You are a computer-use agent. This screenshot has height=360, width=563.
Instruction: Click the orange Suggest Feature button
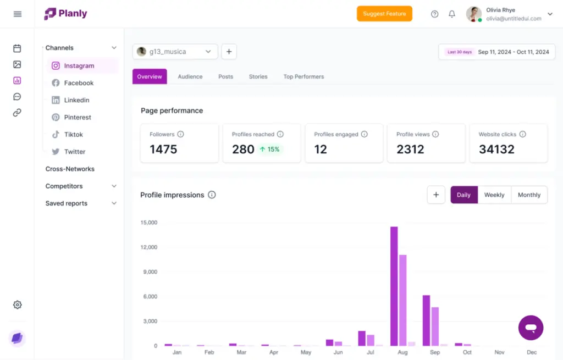tap(384, 14)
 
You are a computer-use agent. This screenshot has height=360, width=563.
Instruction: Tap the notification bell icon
tap(452, 14)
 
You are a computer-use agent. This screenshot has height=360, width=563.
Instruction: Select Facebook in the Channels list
tap(79, 83)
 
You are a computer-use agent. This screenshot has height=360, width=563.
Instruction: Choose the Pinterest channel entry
tap(78, 117)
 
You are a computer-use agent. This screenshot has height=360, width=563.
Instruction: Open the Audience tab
tap(190, 76)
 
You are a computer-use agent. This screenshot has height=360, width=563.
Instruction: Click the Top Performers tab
tap(303, 76)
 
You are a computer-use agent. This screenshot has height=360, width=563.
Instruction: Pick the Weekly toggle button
tap(494, 195)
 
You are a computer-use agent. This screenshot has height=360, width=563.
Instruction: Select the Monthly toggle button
tap(529, 195)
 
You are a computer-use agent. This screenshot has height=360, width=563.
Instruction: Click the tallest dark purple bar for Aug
tap(394, 286)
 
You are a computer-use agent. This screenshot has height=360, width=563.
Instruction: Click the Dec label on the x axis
tap(532, 352)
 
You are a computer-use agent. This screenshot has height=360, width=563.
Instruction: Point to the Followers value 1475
tap(163, 149)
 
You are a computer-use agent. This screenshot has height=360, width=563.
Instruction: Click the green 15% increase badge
tap(269, 149)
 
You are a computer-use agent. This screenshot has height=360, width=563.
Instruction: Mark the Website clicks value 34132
tap(496, 149)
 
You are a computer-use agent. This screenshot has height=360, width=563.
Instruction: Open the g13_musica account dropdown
tap(175, 52)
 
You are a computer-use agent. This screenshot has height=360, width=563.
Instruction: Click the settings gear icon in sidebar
tap(17, 304)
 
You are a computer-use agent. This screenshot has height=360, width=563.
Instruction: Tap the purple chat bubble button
tap(531, 328)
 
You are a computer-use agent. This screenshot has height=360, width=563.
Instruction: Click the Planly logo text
tap(74, 14)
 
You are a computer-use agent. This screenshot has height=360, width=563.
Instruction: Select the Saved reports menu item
tap(67, 203)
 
